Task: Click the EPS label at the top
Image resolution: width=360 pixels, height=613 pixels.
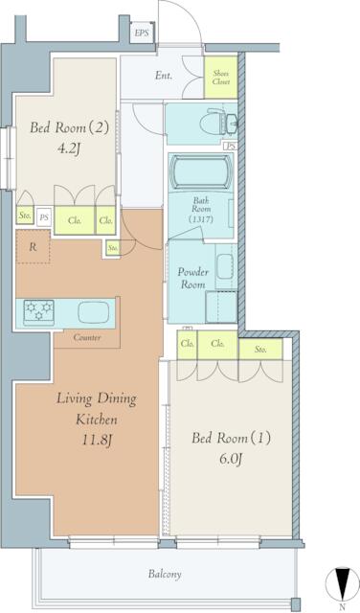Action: (142, 34)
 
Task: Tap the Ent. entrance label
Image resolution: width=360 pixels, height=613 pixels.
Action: (164, 76)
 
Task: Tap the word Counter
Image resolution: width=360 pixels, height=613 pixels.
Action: (86, 337)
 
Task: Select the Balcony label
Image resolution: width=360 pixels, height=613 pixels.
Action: (166, 574)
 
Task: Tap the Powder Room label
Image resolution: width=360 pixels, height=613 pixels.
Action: (192, 278)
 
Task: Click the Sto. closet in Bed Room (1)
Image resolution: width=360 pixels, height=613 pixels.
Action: (260, 350)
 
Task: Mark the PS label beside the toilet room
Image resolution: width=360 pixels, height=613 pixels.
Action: (229, 146)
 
